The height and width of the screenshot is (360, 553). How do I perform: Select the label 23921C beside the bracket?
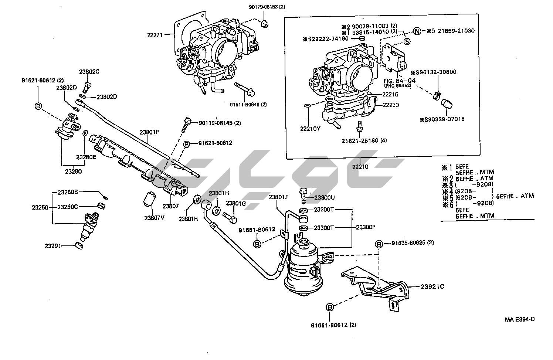pos(432,286)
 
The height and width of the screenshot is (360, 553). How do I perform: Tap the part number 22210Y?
pos(311,129)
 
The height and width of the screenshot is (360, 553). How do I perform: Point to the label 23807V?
pos(154,217)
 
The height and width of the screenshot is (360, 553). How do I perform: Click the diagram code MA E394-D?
pos(520,319)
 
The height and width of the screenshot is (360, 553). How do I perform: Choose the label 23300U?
pos(324,198)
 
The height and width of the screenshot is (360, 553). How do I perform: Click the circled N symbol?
pos(417,31)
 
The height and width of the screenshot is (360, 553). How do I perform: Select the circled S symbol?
pos(406,41)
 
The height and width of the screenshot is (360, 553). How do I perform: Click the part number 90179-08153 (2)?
pos(267,7)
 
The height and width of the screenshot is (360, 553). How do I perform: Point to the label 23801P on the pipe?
pos(149,132)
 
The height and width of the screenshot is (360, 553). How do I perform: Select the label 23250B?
pos(68,192)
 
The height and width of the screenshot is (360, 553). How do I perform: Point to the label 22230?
pos(391,105)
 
